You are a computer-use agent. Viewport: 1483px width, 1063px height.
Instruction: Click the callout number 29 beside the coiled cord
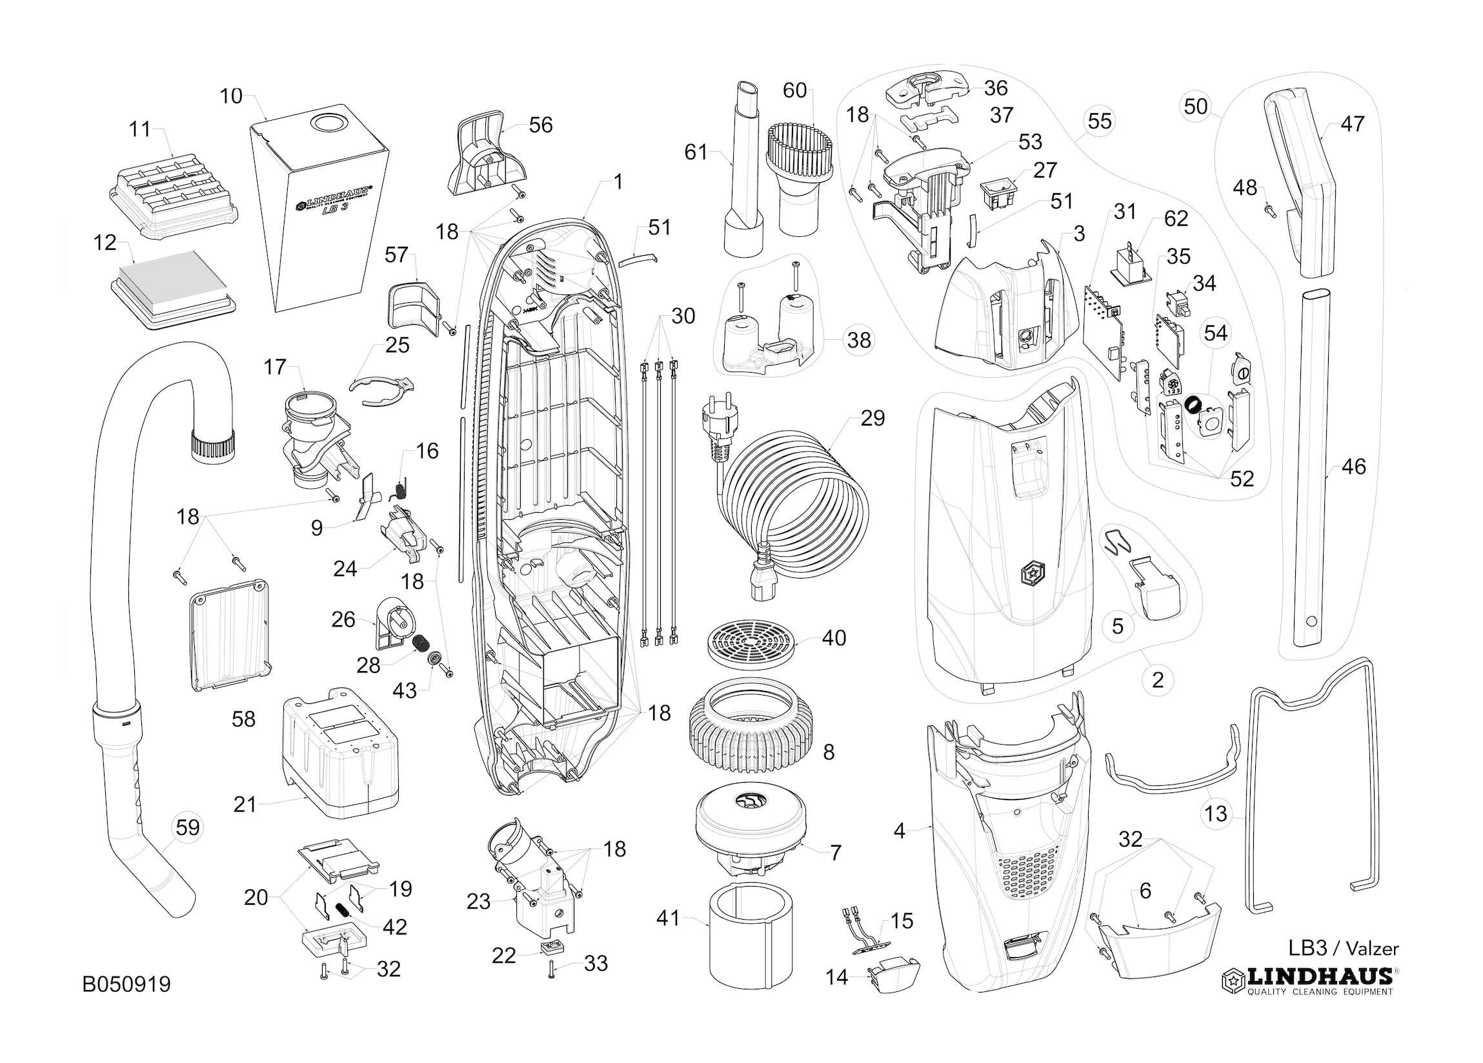click(873, 418)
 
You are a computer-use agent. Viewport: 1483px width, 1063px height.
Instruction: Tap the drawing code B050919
click(127, 984)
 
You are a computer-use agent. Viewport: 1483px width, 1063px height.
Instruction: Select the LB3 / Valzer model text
click(1343, 948)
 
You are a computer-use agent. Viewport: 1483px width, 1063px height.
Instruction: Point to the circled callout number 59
click(188, 827)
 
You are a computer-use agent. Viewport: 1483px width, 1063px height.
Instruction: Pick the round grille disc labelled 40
click(752, 645)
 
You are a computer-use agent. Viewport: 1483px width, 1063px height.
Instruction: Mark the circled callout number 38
click(858, 340)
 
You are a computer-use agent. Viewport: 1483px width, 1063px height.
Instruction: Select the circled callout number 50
click(1196, 107)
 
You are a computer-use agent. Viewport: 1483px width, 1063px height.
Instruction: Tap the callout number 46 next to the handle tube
click(1353, 466)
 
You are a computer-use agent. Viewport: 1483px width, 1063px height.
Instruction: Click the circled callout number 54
click(1216, 333)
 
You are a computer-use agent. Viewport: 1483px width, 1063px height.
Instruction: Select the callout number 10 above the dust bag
click(231, 96)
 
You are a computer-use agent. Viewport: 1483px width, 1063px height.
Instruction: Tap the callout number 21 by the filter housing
click(245, 804)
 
